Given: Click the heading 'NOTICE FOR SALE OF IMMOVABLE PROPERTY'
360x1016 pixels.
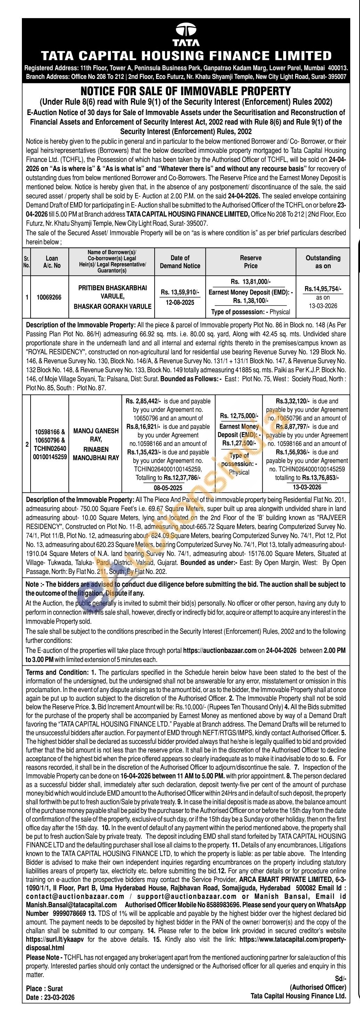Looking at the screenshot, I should [186, 91].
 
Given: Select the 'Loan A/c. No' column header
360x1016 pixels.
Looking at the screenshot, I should [52, 262].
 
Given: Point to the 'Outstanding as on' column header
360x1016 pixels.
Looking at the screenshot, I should [322, 262].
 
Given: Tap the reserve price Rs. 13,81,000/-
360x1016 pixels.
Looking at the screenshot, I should [251, 282].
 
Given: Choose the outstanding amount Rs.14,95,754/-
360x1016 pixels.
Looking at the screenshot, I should [323, 289].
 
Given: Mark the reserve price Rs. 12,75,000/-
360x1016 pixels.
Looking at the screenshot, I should [239, 416].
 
